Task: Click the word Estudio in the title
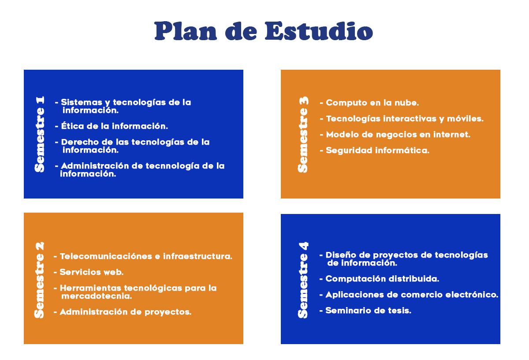click(x=319, y=31)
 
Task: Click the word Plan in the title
click(x=186, y=31)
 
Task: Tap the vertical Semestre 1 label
click(x=39, y=134)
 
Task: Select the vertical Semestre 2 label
click(x=39, y=280)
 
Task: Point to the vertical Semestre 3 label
click(x=303, y=135)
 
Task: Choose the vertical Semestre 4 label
click(x=303, y=280)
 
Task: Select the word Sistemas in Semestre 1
click(x=82, y=102)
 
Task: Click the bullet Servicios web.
click(x=88, y=272)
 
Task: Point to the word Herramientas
click(x=90, y=288)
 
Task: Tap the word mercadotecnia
click(x=97, y=296)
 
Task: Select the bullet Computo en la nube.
click(x=369, y=103)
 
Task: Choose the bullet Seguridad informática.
click(x=374, y=150)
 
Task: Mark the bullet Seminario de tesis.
click(x=365, y=310)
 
